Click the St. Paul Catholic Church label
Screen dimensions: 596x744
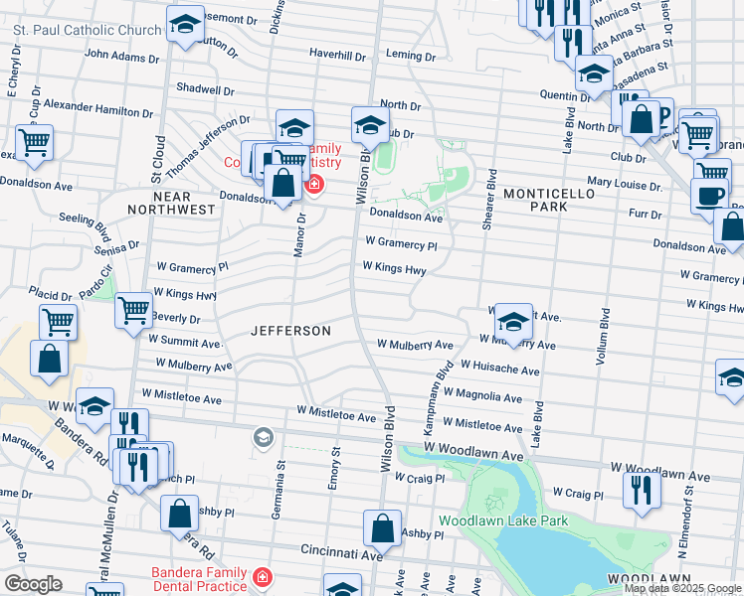88,30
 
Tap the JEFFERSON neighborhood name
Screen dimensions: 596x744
290,330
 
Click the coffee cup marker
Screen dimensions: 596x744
709,195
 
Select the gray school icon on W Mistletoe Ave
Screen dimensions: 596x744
263,437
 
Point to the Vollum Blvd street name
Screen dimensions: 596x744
603,337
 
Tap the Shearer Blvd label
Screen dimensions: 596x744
488,200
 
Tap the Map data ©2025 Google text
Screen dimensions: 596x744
682,588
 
